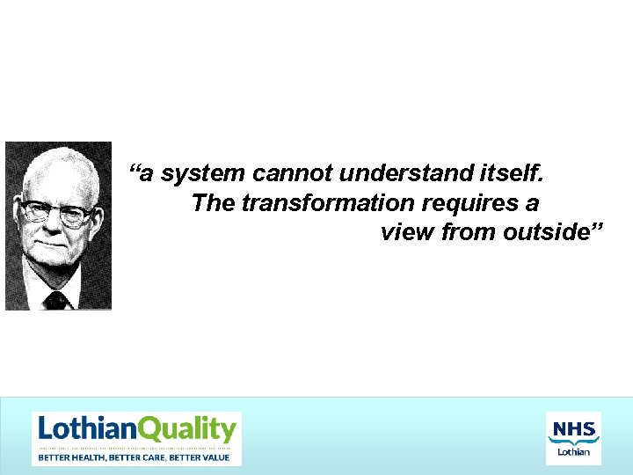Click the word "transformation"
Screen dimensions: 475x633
coord(328,203)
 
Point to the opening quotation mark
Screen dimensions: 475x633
coord(135,169)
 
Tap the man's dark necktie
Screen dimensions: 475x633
coord(56,300)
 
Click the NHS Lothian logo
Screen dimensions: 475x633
coord(573,438)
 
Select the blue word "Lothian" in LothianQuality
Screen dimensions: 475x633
coord(87,430)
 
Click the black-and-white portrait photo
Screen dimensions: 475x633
coord(58,226)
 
